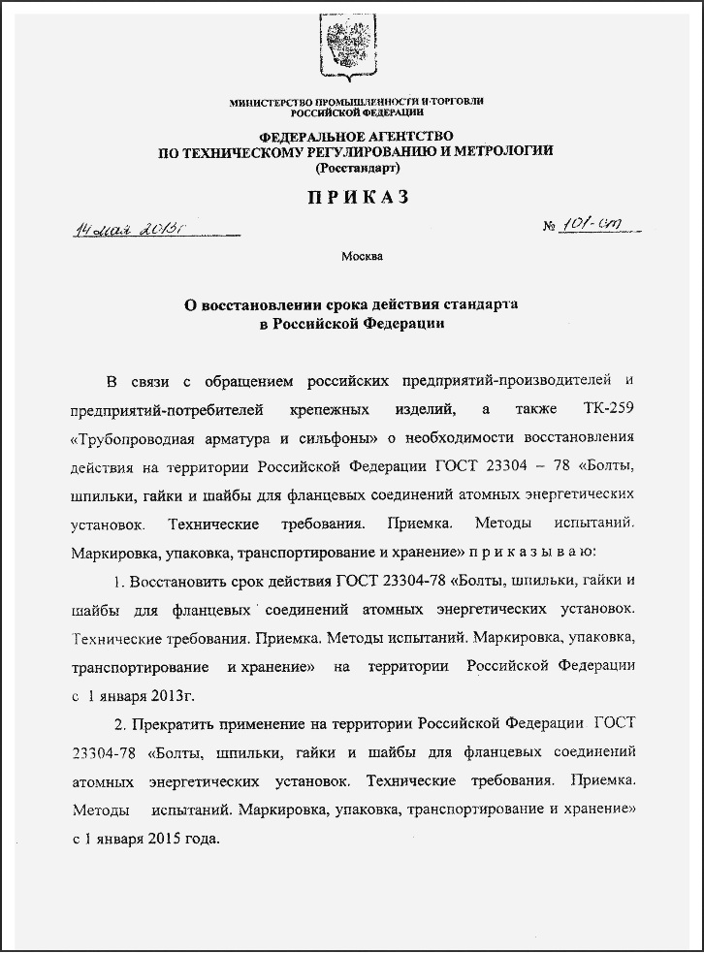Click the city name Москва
pyautogui.click(x=362, y=257)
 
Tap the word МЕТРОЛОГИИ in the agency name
pyautogui.click(x=498, y=151)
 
